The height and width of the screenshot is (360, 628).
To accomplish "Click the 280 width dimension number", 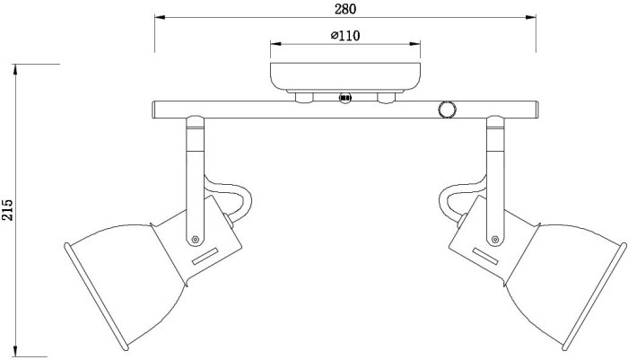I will point(345,10).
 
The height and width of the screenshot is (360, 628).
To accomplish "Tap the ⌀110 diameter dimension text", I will point(345,36).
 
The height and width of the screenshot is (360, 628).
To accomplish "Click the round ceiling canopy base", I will point(345,75).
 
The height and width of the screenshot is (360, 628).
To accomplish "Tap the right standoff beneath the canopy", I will point(388,96).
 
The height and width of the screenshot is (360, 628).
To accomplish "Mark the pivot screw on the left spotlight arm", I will point(196,239).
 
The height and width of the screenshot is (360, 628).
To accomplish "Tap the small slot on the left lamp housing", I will point(205,258).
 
